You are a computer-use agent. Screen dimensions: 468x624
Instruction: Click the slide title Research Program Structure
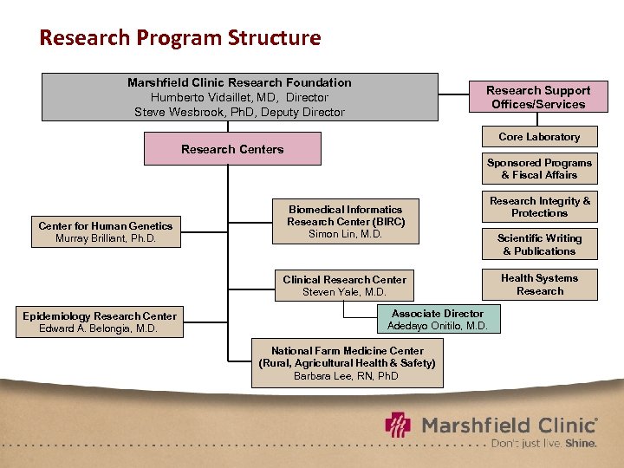180,38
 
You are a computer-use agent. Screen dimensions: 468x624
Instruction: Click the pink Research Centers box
232,149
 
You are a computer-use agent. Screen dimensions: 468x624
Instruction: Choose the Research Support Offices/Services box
537,97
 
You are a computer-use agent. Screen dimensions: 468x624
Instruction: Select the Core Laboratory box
539,137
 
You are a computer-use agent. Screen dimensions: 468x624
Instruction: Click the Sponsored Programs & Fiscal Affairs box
539,169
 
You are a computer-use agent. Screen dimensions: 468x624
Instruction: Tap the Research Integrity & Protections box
539,207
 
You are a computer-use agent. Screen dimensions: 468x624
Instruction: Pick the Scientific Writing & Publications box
539,244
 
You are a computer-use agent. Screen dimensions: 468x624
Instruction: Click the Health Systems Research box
539,284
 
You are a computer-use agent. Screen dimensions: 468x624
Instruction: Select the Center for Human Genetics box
105,231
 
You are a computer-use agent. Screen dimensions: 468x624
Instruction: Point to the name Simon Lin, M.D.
346,234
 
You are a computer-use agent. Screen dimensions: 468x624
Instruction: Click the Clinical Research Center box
344,285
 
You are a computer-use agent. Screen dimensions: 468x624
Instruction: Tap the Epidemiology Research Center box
100,322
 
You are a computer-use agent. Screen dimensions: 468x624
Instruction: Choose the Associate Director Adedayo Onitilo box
438,320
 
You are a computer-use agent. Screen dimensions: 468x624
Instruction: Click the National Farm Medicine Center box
347,363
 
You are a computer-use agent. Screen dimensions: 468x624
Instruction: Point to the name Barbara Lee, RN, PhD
347,376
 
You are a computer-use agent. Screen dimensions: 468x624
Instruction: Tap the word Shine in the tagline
581,443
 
